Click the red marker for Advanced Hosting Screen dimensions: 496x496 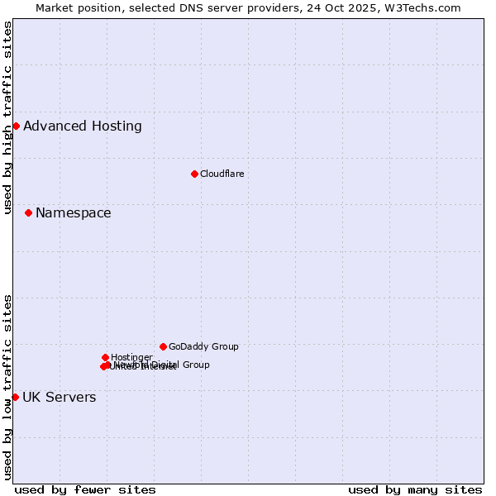click(16, 126)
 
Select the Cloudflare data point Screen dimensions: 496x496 click(194, 174)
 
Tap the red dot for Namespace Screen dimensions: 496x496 click(28, 212)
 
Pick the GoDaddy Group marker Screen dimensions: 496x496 click(163, 346)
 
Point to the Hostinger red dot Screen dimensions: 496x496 click(105, 357)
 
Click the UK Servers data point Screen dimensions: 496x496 click(15, 397)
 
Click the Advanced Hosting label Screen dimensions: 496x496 click(83, 126)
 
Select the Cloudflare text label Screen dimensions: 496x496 click(222, 174)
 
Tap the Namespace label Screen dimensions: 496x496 click(73, 212)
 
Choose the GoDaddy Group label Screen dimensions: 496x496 click(203, 346)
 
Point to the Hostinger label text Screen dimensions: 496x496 click(131, 357)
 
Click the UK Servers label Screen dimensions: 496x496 click(59, 397)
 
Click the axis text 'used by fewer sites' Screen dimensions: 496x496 click(85, 489)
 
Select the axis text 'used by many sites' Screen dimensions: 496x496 click(415, 489)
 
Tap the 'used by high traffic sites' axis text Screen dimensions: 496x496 click(8, 117)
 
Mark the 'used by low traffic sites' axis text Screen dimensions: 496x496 click(8, 387)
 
